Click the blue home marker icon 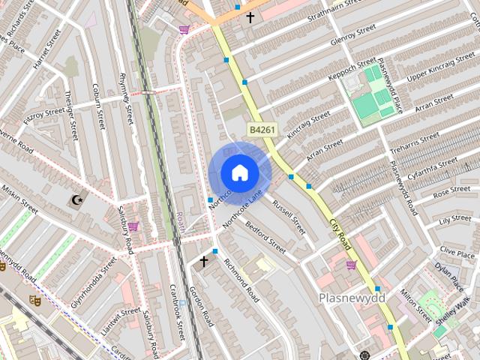(x=239, y=173)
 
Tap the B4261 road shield (x=262, y=130)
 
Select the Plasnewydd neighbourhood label (x=351, y=298)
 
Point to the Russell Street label (x=289, y=215)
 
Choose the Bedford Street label (x=265, y=236)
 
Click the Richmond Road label (x=239, y=278)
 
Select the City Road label (x=340, y=235)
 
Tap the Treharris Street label (x=415, y=142)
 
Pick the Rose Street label (x=451, y=193)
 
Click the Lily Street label (x=454, y=220)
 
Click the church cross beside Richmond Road (x=203, y=261)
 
